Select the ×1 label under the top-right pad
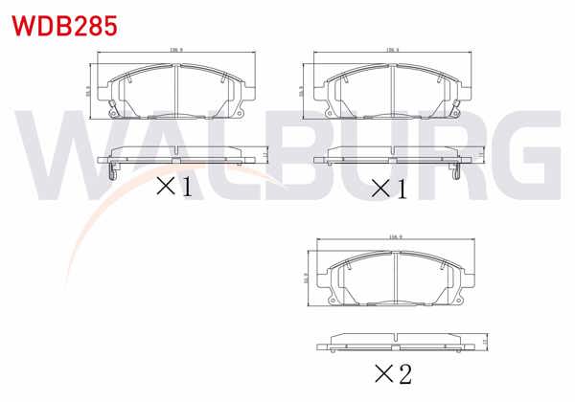click(x=389, y=187)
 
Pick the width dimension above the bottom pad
click(x=393, y=234)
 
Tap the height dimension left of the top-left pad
click(x=88, y=93)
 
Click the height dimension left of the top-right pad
click(x=304, y=93)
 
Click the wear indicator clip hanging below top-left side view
click(x=115, y=171)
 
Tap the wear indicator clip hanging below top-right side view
click(x=454, y=171)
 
